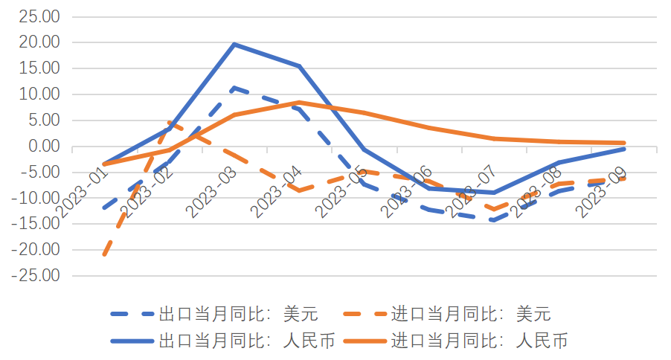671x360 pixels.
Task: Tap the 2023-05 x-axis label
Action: (342, 191)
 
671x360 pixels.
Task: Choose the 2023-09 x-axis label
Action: (603, 191)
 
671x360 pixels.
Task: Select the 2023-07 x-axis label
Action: (472, 191)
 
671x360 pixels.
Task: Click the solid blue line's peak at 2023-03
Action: (234, 44)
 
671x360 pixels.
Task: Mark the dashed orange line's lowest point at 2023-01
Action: (104, 255)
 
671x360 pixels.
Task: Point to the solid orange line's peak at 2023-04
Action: (299, 103)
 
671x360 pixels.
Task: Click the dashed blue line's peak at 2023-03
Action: (234, 88)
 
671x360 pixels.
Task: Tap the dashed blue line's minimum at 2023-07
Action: (494, 220)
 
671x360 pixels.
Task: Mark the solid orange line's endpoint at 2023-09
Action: (623, 143)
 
